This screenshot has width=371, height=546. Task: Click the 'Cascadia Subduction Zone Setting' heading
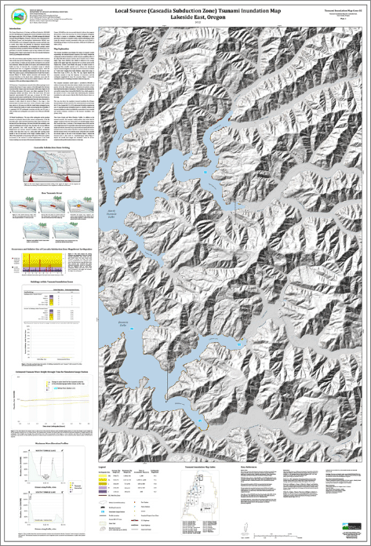(x=49, y=145)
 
